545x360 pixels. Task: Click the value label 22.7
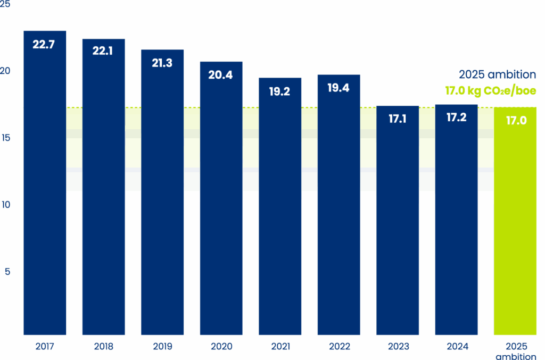[x=44, y=45]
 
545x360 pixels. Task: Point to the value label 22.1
[x=103, y=52]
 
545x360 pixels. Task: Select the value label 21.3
[x=162, y=63]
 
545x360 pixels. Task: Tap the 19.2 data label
[x=279, y=91]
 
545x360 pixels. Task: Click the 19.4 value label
[x=338, y=88]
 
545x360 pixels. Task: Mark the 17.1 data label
[x=398, y=119]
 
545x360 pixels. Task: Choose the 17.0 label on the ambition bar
[x=516, y=121]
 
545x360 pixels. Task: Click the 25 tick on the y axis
[x=5, y=5]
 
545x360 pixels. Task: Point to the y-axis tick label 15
[x=5, y=138]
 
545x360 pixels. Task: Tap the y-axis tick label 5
[x=7, y=272]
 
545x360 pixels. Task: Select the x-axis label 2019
[x=162, y=347]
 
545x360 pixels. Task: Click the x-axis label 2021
[x=280, y=347]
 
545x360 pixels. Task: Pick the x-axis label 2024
[x=457, y=347]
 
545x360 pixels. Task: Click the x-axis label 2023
[x=398, y=347]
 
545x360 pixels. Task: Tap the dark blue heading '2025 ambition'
[x=497, y=75]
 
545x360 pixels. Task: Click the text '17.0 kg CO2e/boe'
[x=490, y=91]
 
